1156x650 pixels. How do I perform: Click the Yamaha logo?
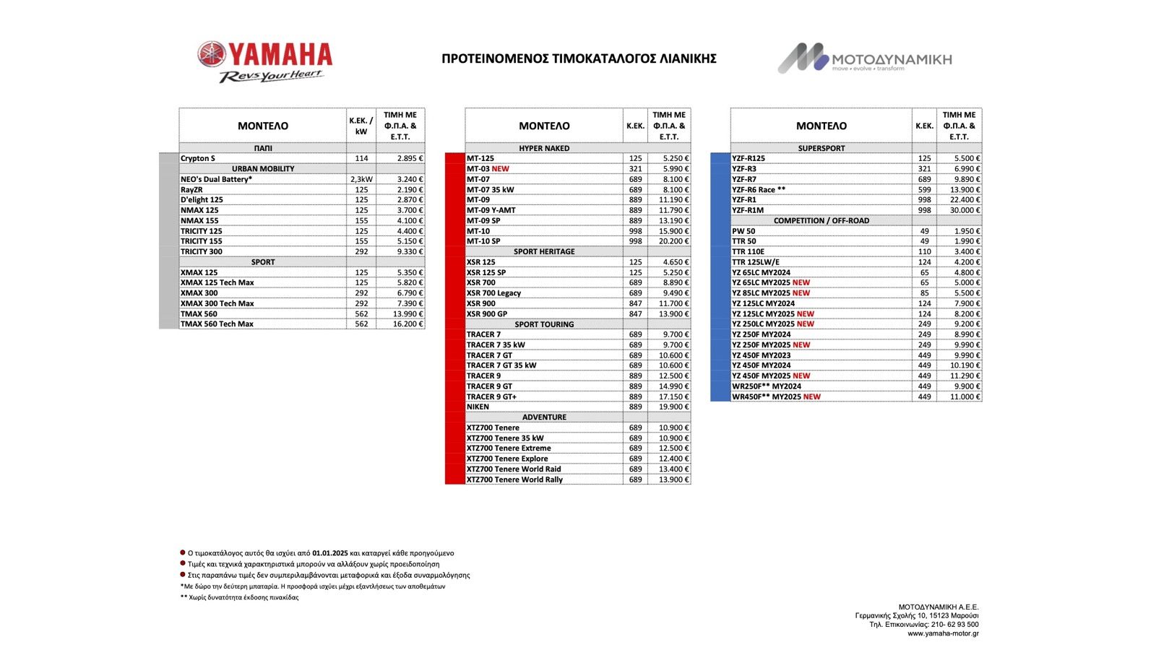(265, 61)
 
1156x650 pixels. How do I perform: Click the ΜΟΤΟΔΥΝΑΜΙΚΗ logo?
(865, 58)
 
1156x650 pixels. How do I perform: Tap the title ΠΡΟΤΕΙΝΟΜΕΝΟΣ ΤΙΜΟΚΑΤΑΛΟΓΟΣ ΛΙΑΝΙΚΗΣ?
(579, 58)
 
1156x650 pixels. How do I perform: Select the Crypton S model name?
(198, 158)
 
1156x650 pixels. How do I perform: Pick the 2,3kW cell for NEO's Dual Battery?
(361, 179)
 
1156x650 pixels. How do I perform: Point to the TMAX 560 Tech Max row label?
(217, 324)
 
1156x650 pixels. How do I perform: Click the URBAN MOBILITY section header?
(263, 168)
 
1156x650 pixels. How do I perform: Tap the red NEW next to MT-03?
(500, 169)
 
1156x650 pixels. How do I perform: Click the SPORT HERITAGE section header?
(544, 252)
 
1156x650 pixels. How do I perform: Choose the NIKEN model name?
(478, 407)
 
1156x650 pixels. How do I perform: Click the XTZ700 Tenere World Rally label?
(514, 480)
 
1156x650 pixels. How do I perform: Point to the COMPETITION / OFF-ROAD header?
(821, 221)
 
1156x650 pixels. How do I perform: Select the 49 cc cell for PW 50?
(924, 231)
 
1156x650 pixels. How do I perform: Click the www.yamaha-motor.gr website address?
(943, 633)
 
